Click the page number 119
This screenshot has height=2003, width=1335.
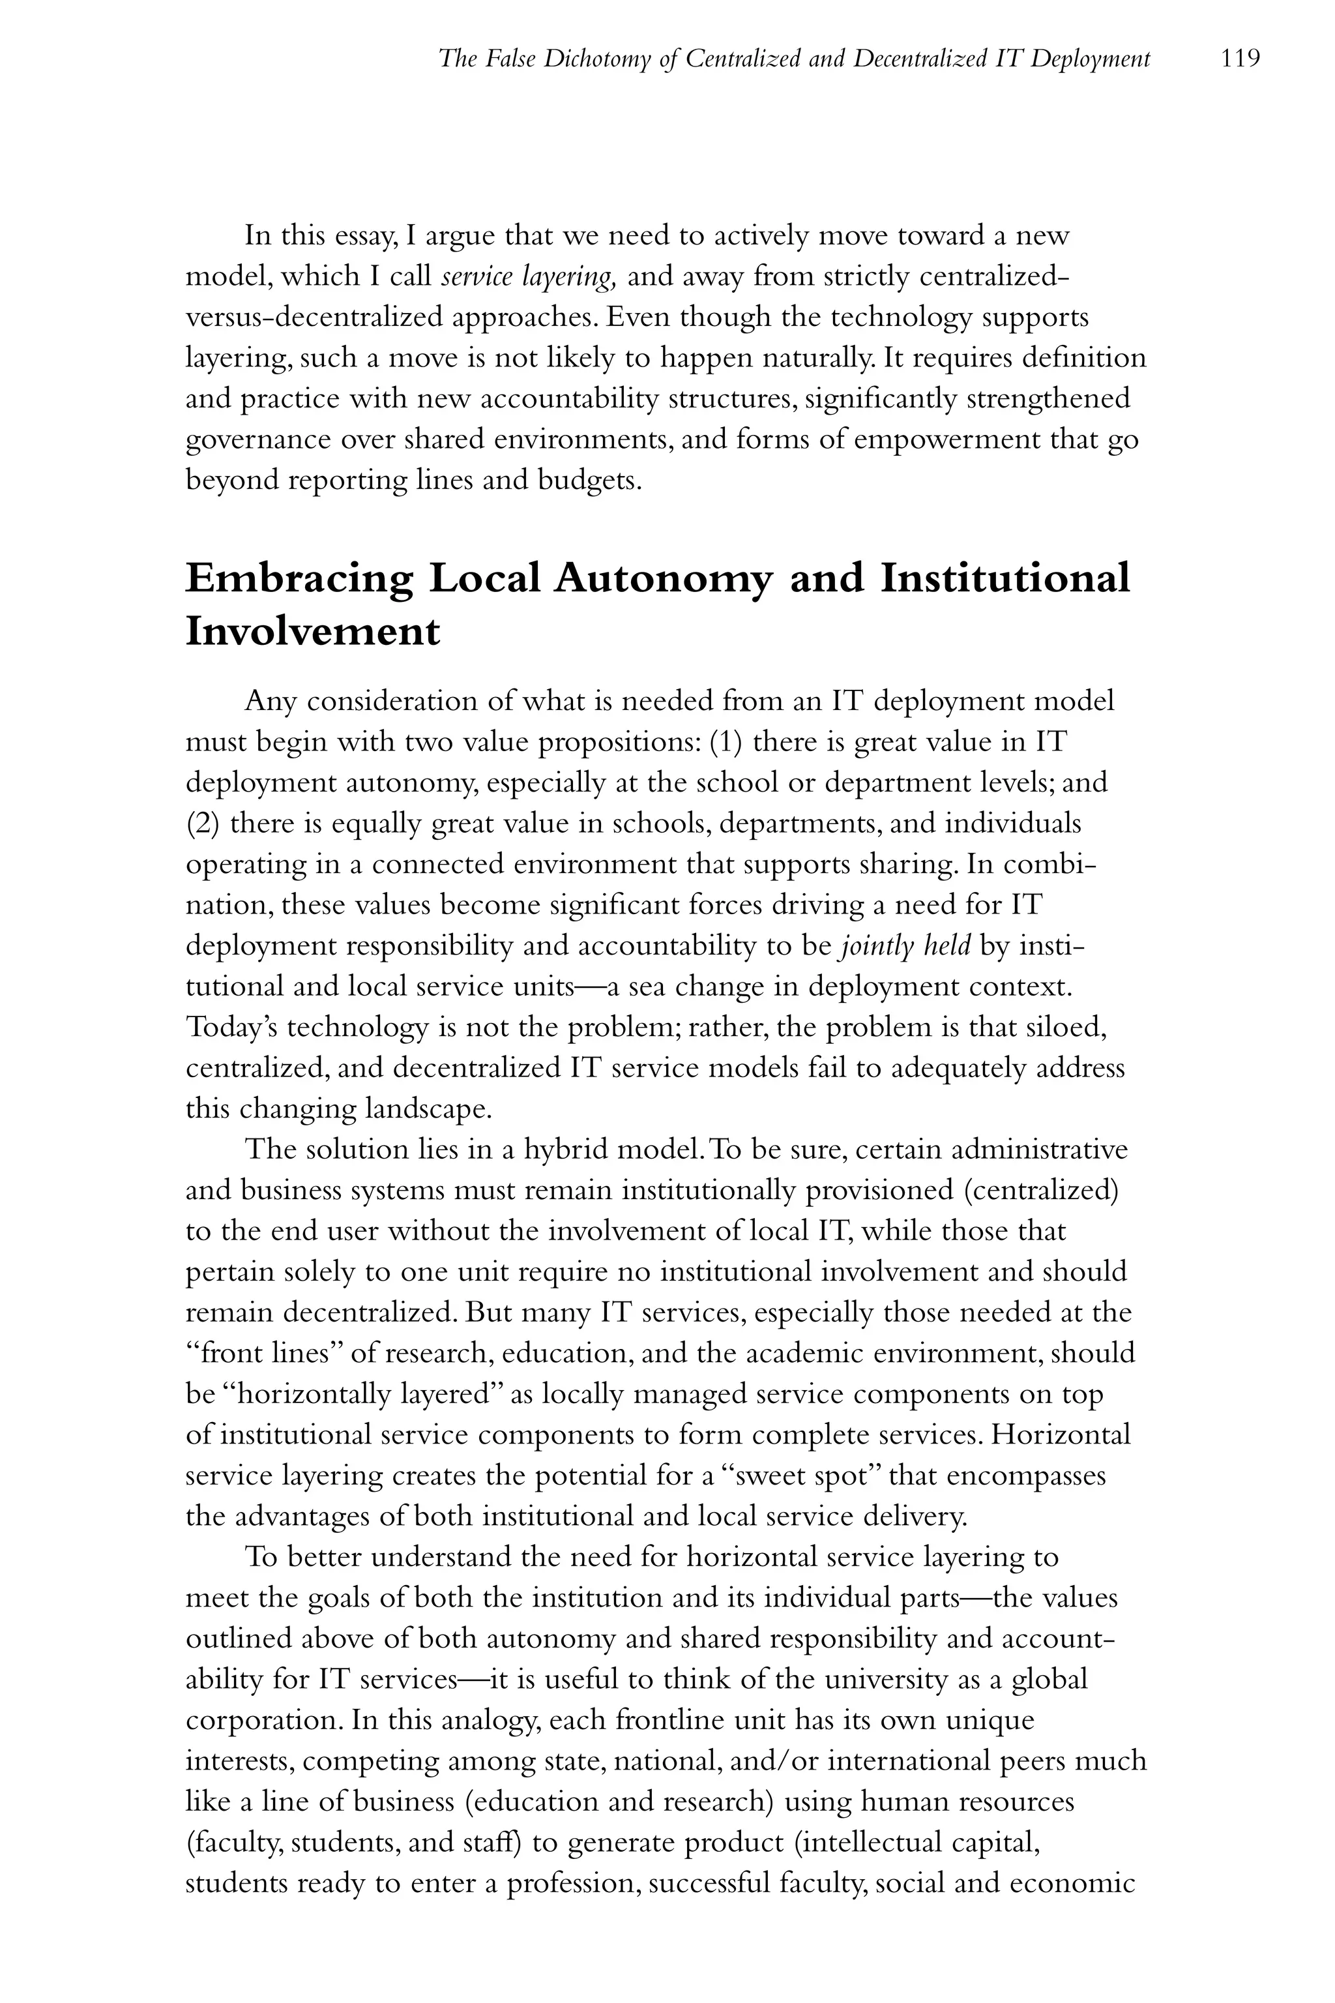tap(1240, 59)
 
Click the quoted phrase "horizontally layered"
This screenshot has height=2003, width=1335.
tap(364, 1395)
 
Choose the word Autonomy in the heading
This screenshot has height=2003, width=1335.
tap(662, 579)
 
